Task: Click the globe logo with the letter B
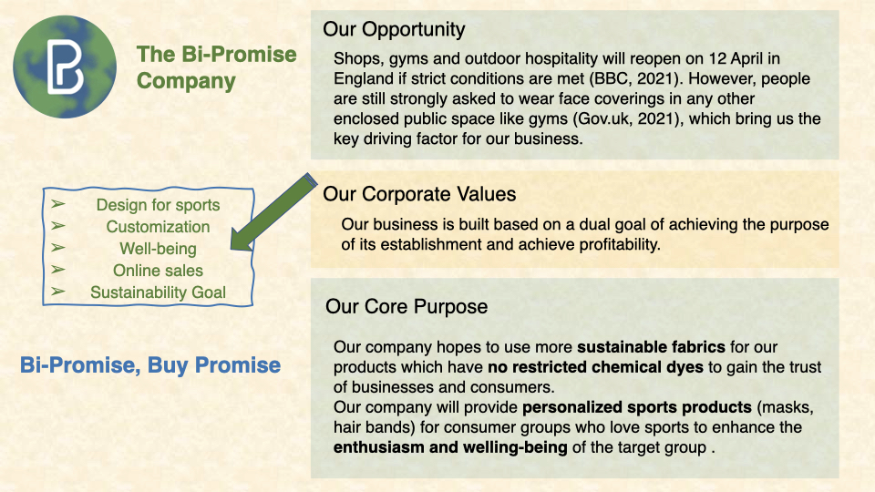pyautogui.click(x=65, y=67)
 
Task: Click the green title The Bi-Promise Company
pyautogui.click(x=217, y=67)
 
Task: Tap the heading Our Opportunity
pyautogui.click(x=394, y=29)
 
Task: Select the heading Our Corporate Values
pyautogui.click(x=419, y=194)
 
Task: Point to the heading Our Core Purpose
pyautogui.click(x=407, y=306)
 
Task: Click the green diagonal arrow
pyautogui.click(x=273, y=212)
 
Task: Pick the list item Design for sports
pyautogui.click(x=158, y=205)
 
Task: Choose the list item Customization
pyautogui.click(x=158, y=227)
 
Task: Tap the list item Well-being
pyautogui.click(x=158, y=249)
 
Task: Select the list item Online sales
pyautogui.click(x=158, y=271)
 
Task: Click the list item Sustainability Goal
pyautogui.click(x=158, y=292)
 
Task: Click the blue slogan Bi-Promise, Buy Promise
pyautogui.click(x=150, y=365)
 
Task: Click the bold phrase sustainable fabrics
pyautogui.click(x=651, y=347)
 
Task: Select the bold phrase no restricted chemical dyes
pyautogui.click(x=595, y=367)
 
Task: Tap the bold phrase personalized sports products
pyautogui.click(x=637, y=407)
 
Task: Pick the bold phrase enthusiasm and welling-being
pyautogui.click(x=450, y=447)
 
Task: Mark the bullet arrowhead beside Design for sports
pyautogui.click(x=58, y=204)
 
